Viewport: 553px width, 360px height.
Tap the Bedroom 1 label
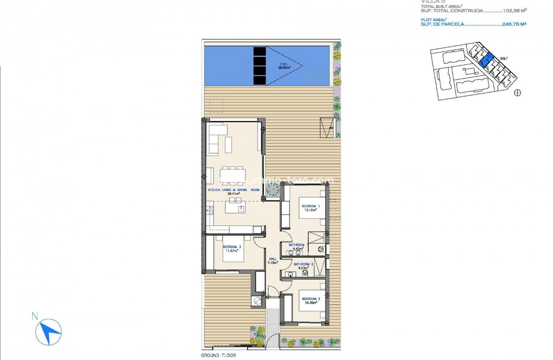click(311, 206)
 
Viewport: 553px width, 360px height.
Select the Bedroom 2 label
click(311, 299)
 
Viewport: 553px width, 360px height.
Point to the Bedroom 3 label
click(232, 247)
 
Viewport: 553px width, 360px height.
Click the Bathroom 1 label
click(298, 245)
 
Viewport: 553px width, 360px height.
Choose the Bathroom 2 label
click(304, 264)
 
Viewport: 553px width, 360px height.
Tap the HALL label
click(273, 259)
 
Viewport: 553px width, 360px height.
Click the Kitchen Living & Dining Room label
click(234, 190)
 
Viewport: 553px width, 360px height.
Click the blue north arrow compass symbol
click(49, 330)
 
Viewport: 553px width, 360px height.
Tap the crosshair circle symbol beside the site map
click(517, 93)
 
